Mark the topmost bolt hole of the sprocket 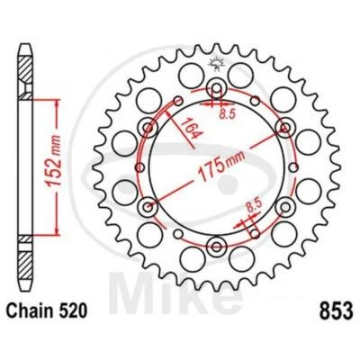click(215, 86)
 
